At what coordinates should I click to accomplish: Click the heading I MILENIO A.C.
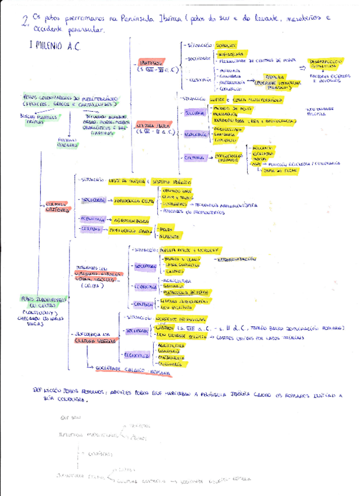click(53, 46)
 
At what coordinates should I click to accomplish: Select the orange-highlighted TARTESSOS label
click(151, 62)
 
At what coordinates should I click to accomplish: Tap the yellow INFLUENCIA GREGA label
click(129, 230)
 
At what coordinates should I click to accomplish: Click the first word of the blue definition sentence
click(41, 389)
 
